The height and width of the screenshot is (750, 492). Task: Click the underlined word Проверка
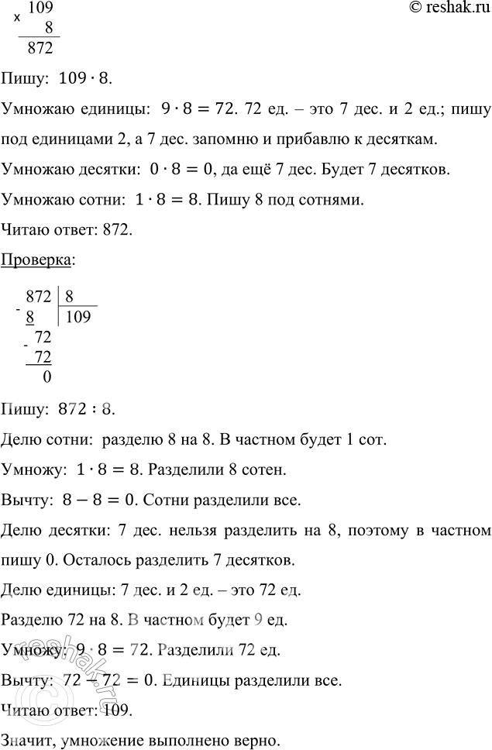(x=37, y=262)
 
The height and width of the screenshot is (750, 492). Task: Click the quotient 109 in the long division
(x=80, y=316)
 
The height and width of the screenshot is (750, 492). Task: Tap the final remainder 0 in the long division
(x=47, y=377)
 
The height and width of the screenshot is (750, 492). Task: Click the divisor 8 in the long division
(x=70, y=295)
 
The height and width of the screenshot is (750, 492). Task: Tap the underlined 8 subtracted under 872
(x=30, y=316)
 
